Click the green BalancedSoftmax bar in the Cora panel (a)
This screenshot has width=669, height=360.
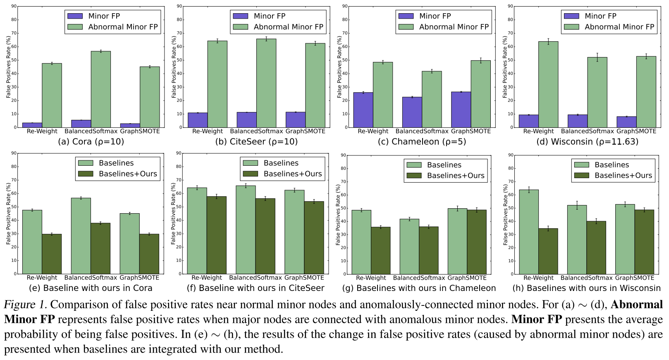tap(101, 89)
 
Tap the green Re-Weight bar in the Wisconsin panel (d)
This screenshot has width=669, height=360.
tap(548, 84)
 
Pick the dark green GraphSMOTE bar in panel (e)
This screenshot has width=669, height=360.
tap(149, 254)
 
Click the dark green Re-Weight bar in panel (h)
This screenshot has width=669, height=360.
tap(548, 251)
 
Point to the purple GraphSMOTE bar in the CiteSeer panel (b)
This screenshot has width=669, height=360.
tap(295, 120)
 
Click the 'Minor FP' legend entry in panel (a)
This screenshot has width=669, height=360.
tap(104, 16)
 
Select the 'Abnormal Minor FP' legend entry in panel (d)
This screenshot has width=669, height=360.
tap(619, 27)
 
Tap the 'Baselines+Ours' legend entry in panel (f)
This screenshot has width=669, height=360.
tap(292, 174)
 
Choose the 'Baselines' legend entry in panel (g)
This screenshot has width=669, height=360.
tap(444, 165)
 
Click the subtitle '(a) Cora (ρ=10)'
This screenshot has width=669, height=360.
tap(91, 142)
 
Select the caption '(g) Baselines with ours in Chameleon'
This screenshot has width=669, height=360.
tap(419, 288)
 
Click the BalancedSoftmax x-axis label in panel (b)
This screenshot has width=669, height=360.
tap(256, 131)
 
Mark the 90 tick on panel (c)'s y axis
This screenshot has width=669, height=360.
tap(344, 6)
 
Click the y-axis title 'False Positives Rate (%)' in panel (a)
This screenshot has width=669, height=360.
tap(9, 67)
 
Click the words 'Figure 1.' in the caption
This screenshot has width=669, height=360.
tap(25, 305)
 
